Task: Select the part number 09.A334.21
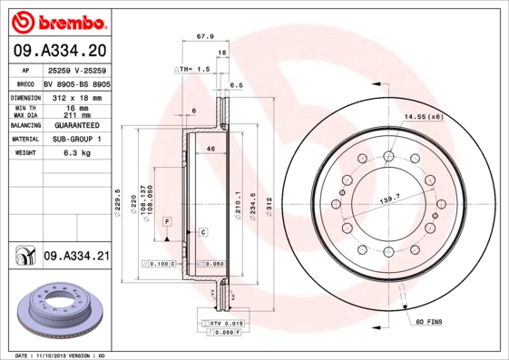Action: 75,257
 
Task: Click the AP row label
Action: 26,70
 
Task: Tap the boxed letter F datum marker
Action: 167,221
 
